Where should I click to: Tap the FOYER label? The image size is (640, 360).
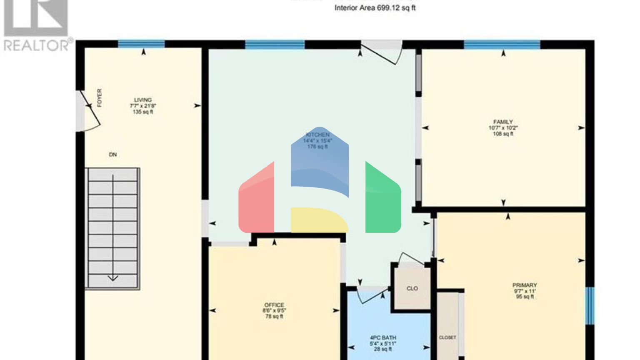[99, 98]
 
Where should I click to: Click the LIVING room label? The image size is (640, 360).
[142, 100]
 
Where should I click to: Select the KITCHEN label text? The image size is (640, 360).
[318, 135]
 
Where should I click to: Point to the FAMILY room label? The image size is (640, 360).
[503, 122]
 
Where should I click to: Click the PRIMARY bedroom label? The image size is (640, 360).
[525, 285]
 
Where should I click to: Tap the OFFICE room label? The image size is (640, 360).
[274, 305]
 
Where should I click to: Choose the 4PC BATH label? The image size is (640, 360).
[383, 338]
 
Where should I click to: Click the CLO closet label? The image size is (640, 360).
[412, 288]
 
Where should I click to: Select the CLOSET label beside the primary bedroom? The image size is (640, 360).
[447, 337]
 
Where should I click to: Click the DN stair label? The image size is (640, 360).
[113, 155]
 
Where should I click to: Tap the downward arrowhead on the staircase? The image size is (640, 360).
[113, 278]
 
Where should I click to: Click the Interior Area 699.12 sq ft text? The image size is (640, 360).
[375, 8]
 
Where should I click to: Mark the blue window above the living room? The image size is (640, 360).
[141, 44]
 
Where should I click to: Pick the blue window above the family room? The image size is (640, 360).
[502, 44]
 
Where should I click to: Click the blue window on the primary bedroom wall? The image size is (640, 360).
[590, 305]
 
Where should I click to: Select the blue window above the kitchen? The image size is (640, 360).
[275, 44]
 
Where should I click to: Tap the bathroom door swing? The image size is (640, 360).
[371, 296]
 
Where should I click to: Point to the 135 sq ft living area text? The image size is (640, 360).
[143, 112]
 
